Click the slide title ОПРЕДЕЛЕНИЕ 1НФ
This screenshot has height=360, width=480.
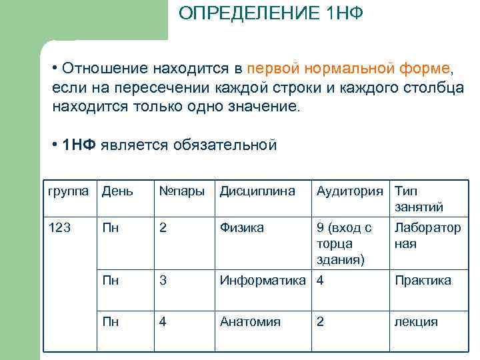(271, 14)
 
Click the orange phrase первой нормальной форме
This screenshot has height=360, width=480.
(349, 69)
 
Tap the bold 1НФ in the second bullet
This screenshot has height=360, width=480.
(78, 145)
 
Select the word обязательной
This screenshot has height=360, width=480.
(223, 145)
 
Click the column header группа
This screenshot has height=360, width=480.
(68, 191)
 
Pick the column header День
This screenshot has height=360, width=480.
(117, 191)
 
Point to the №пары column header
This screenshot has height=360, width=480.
(181, 191)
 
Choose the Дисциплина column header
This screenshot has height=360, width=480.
(257, 191)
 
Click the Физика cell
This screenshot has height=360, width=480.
(241, 227)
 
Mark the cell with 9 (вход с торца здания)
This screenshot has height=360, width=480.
(344, 243)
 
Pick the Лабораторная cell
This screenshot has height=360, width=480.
(427, 235)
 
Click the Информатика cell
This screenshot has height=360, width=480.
(265, 281)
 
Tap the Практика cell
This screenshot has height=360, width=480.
(423, 281)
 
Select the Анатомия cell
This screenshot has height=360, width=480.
(250, 322)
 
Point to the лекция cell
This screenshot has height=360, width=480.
(417, 322)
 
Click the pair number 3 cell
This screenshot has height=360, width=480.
(163, 281)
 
